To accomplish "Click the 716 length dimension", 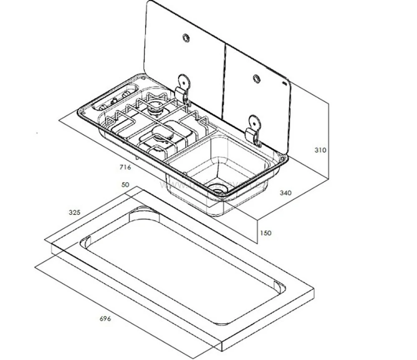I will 125,168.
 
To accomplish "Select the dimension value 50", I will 125,185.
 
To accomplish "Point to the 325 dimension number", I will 75,212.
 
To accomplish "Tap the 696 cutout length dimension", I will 105,319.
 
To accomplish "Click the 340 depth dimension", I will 286,193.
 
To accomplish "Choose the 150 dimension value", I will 265,233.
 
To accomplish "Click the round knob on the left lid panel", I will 186,38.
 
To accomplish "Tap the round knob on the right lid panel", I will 256,78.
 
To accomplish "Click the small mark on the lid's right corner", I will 285,83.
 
